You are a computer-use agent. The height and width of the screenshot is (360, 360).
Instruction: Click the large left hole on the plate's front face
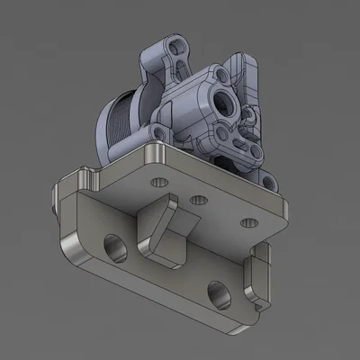pyautogui.click(x=114, y=245)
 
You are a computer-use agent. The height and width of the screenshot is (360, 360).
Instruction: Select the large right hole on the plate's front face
pyautogui.click(x=216, y=290)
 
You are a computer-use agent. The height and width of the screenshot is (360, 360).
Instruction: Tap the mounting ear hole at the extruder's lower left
pyautogui.click(x=158, y=134)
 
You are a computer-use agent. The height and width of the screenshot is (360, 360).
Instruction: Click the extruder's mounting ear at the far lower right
pyautogui.click(x=269, y=184)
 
